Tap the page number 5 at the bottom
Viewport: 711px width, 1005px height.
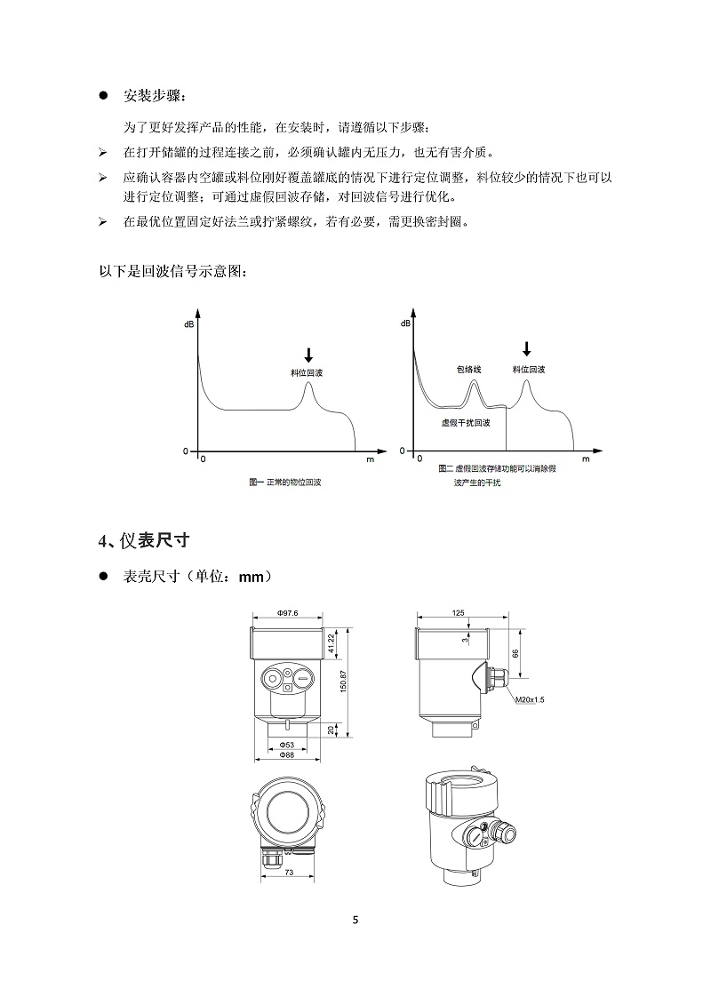(x=355, y=919)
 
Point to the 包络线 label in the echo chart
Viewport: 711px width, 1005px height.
(x=467, y=368)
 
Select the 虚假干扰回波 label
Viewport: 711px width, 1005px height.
(x=466, y=423)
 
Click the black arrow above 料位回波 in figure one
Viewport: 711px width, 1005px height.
(x=308, y=353)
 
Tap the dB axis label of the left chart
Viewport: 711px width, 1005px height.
(x=188, y=325)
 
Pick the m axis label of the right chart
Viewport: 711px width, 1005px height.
(x=587, y=460)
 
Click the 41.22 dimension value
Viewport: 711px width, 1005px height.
(x=332, y=644)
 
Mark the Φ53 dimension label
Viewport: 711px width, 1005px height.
(x=286, y=743)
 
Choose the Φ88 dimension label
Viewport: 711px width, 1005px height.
(x=286, y=754)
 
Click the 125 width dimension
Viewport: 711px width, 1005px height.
(x=459, y=613)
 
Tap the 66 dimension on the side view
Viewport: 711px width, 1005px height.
(x=515, y=654)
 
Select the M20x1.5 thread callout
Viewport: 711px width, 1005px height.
(x=530, y=700)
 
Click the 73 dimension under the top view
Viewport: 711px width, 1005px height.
(x=291, y=873)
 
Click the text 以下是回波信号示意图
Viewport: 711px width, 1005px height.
(x=174, y=271)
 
